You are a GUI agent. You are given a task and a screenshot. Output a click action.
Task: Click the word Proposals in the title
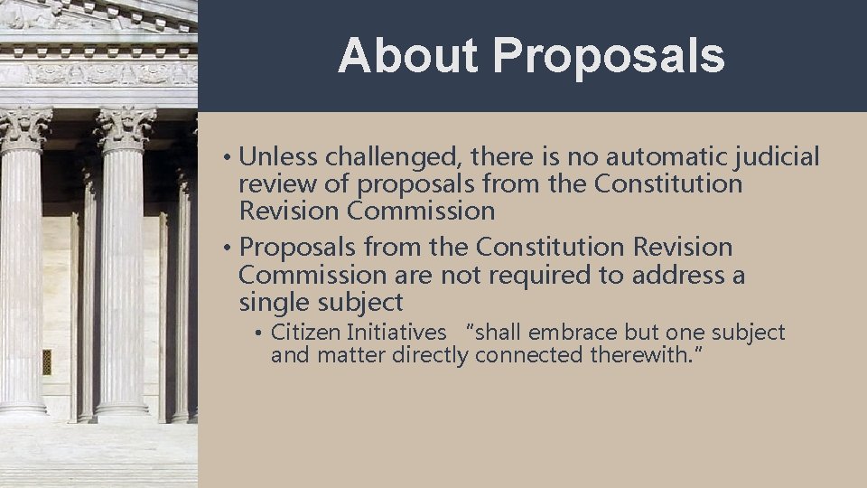[609, 56]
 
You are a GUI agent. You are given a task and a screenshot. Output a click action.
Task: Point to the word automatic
[663, 158]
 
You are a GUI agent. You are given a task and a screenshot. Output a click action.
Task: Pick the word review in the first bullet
[273, 185]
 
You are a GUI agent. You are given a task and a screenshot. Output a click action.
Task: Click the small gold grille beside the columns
[47, 361]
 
